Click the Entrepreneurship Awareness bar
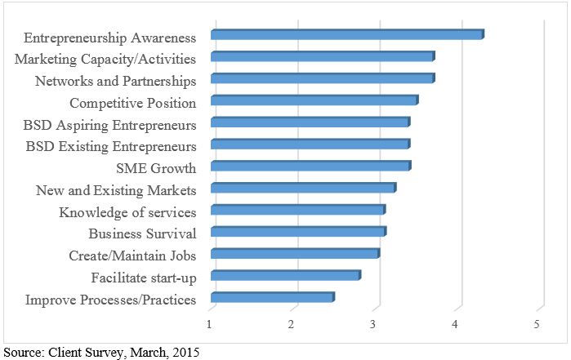coord(347,34)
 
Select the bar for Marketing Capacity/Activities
coord(323,56)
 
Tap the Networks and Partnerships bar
coord(323,78)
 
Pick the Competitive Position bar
coord(314,100)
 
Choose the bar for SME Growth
coord(310,167)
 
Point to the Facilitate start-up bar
coord(285,276)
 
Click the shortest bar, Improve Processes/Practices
coord(272,298)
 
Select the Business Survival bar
coord(298,232)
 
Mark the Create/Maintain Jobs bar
coord(295,254)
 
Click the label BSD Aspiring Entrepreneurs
coord(109,126)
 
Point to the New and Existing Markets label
coord(116,191)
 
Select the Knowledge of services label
coord(127,213)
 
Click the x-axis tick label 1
coord(211,325)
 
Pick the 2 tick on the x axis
coord(292,325)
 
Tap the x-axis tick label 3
coord(373,325)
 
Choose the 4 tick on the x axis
coord(456,325)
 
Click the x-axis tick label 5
coord(538,325)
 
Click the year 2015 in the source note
coord(185,353)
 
